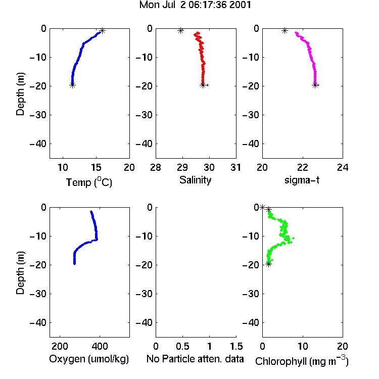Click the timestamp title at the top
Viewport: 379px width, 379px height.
tap(195, 5)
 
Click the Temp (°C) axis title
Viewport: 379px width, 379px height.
tap(89, 182)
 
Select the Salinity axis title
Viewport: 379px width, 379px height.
tap(195, 180)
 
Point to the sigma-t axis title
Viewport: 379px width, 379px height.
tap(302, 180)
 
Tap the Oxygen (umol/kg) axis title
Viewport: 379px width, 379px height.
tap(89, 359)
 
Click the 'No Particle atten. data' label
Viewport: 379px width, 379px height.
tap(195, 359)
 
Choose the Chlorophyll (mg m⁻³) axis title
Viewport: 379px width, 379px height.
tap(302, 360)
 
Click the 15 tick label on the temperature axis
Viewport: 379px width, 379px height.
tap(96, 167)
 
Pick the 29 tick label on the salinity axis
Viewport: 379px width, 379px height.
tap(182, 167)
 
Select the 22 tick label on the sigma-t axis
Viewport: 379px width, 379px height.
tap(302, 167)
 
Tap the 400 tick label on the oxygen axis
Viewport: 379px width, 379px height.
tap(100, 346)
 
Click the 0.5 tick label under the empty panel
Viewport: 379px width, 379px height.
tap(182, 346)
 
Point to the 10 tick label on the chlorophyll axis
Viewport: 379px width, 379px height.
tap(302, 346)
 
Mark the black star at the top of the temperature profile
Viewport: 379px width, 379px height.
tap(102, 31)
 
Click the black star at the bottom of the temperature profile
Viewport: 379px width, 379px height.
tap(72, 85)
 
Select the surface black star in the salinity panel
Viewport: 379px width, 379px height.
tap(180, 31)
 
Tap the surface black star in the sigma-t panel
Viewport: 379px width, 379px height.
tap(285, 31)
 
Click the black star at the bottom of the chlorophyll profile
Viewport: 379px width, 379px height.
tap(268, 264)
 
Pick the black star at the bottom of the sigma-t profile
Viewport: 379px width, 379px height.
tap(315, 85)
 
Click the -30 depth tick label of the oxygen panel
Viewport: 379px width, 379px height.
tap(38, 294)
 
